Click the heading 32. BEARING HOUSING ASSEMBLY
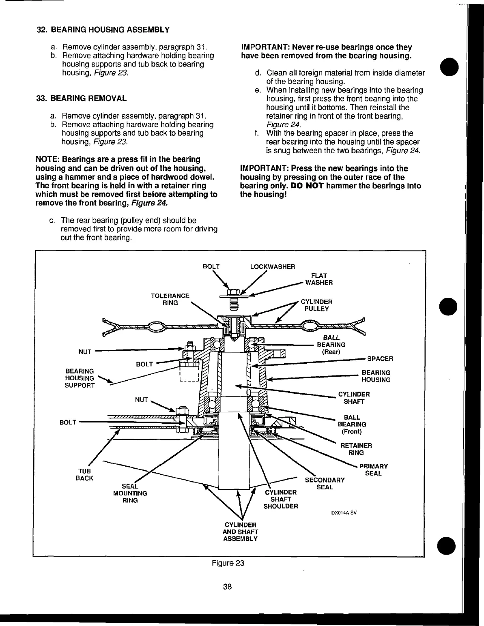coord(103,30)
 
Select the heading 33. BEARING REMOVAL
coord(82,99)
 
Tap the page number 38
coord(227,586)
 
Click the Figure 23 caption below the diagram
coord(227,563)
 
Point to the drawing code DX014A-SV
coord(344,512)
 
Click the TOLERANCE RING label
coord(170,299)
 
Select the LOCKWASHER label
coord(272,267)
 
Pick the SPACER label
coord(380,359)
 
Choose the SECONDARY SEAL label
coord(325,484)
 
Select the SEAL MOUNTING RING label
coord(130,493)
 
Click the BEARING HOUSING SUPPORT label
coord(80,378)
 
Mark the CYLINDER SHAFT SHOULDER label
coord(280,499)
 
